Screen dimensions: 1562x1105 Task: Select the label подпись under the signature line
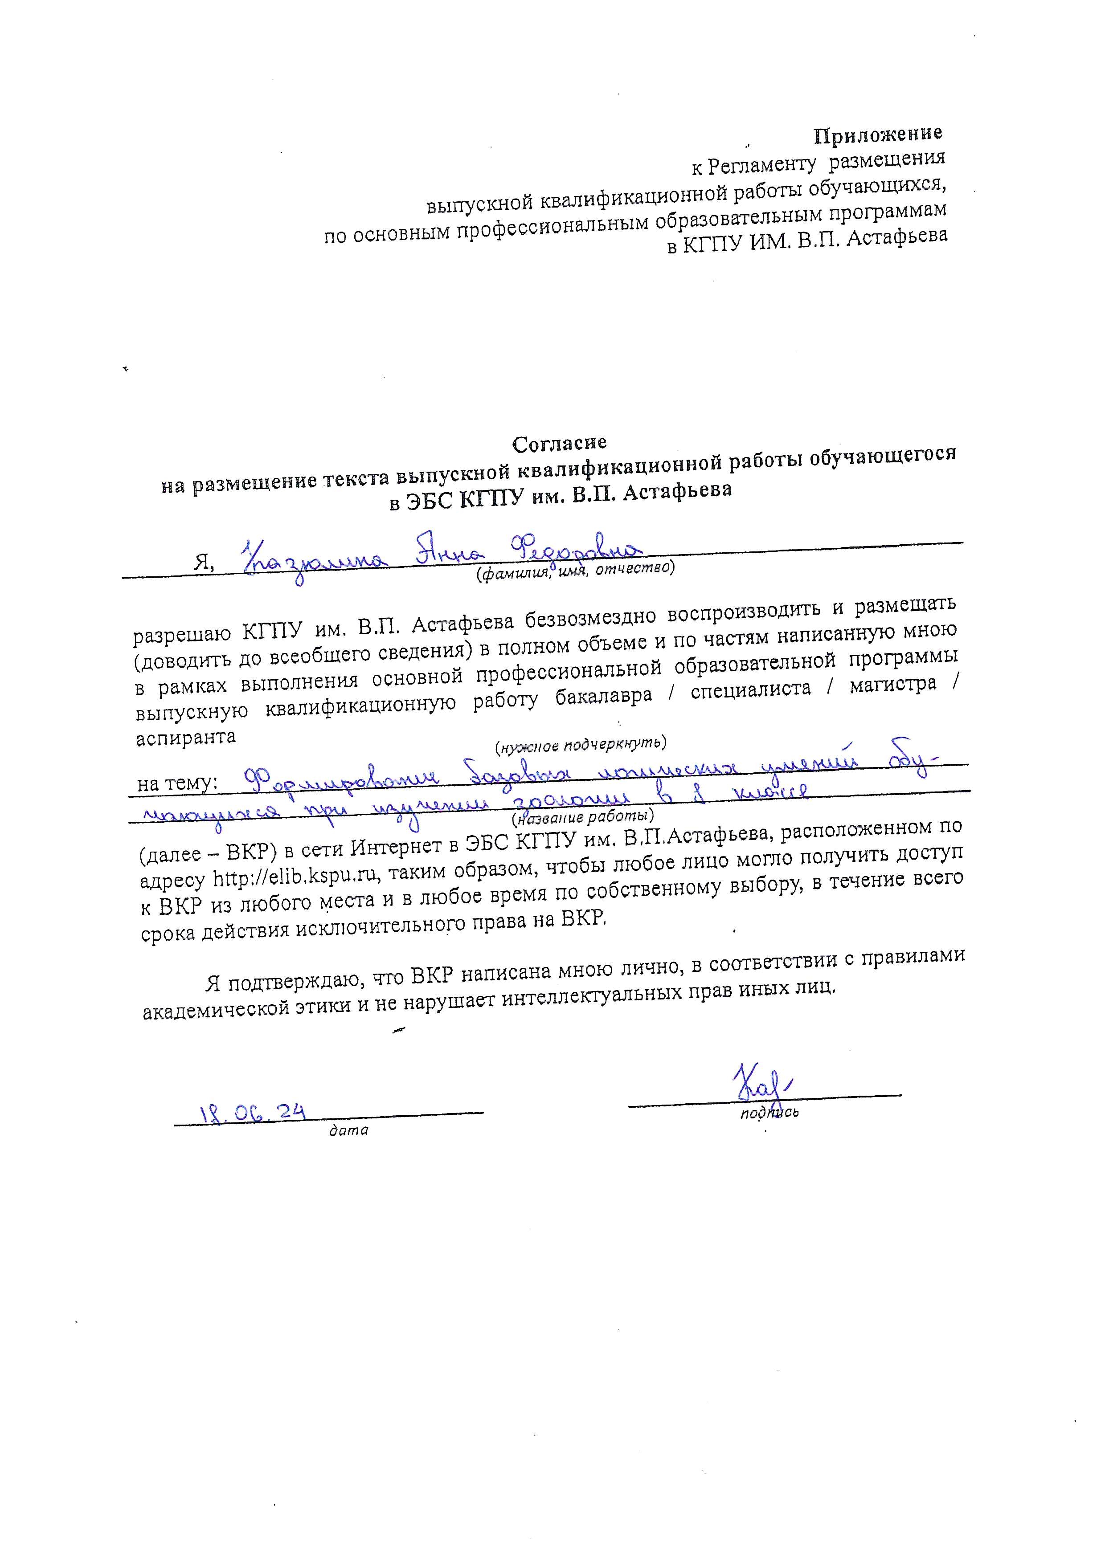(x=769, y=1113)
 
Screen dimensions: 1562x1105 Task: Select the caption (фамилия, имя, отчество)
(x=574, y=571)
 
